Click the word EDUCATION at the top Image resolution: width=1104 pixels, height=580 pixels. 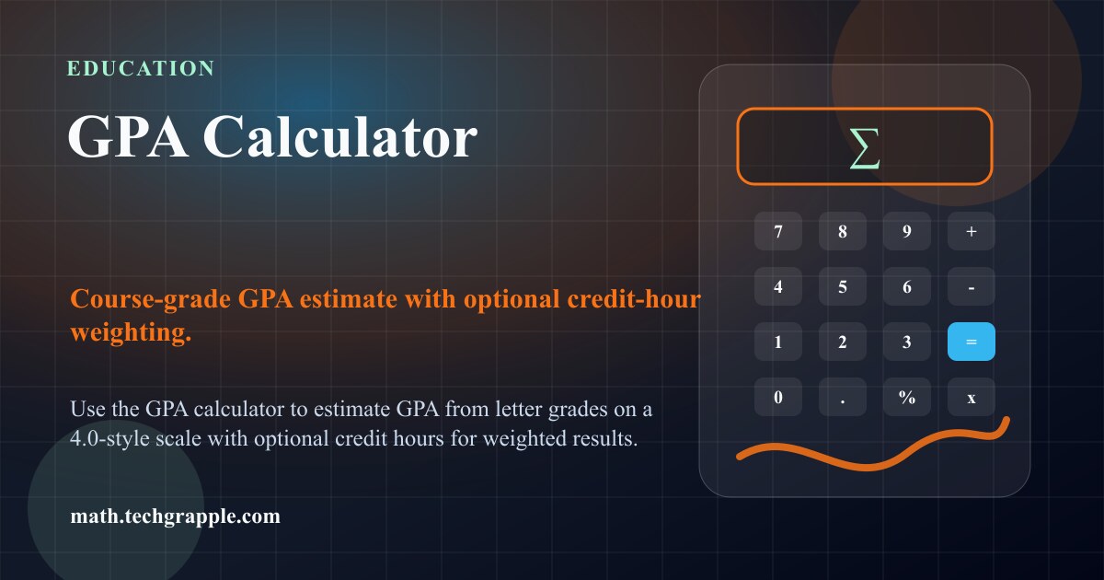[x=141, y=68]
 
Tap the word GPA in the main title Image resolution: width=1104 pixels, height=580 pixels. [x=128, y=136]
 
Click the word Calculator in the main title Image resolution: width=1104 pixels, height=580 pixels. [x=340, y=136]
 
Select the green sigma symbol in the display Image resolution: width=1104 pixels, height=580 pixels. [x=865, y=148]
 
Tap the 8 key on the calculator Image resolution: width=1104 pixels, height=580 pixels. [x=843, y=231]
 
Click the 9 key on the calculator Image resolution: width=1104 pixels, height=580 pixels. [x=907, y=231]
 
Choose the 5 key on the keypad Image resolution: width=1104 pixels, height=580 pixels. [x=843, y=286]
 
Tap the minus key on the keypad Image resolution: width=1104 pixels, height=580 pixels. [x=971, y=286]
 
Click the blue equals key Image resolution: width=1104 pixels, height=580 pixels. [x=971, y=342]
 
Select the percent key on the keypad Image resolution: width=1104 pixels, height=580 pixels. [x=907, y=397]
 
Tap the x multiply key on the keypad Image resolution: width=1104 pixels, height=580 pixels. [x=971, y=397]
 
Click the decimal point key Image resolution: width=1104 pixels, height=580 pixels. [x=843, y=397]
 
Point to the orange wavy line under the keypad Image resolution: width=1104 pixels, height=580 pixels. [x=867, y=466]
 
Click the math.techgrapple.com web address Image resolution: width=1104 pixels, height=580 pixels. [x=175, y=516]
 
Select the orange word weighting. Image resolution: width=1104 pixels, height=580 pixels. [x=131, y=332]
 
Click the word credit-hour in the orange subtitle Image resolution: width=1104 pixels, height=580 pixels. [x=634, y=299]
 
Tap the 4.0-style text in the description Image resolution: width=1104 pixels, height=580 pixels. [x=109, y=438]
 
